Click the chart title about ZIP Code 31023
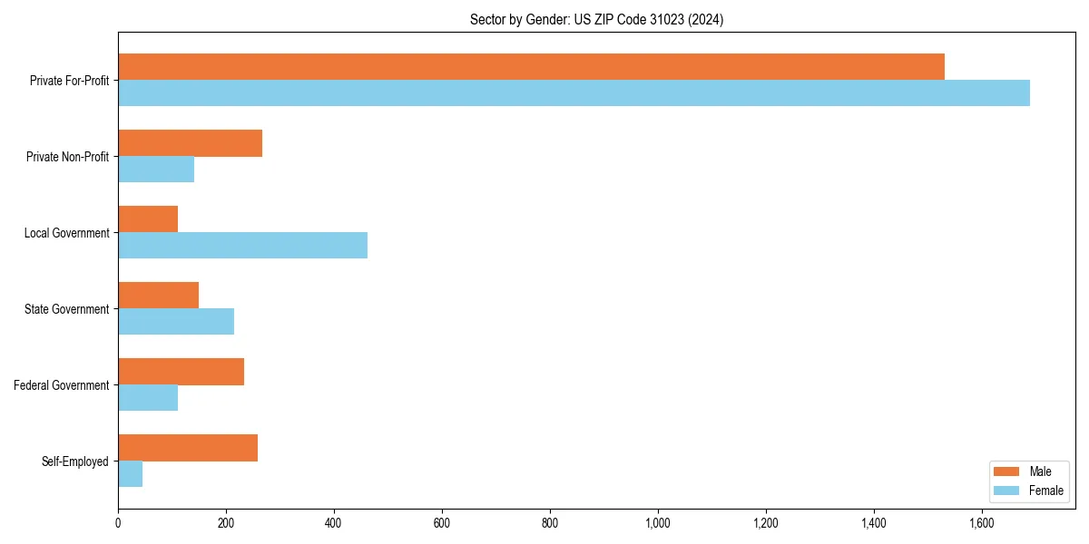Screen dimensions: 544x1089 point(596,19)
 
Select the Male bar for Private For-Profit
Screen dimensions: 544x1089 point(531,67)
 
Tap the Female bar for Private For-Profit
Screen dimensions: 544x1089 point(574,93)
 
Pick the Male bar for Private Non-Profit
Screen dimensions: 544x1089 point(190,143)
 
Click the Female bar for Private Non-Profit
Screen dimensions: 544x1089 point(156,170)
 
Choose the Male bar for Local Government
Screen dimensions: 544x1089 point(148,219)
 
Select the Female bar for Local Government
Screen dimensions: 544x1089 point(242,246)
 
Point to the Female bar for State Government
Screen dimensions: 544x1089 point(176,322)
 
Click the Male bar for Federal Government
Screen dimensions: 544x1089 point(181,372)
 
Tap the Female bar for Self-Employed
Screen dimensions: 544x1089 point(130,474)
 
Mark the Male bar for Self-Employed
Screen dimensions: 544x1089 point(188,448)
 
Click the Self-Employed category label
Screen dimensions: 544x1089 point(75,461)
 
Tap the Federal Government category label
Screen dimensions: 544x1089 point(62,385)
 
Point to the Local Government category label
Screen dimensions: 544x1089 point(66,233)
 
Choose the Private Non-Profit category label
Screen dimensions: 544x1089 point(67,157)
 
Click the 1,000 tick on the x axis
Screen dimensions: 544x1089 point(658,523)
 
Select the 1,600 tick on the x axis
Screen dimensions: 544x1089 point(982,523)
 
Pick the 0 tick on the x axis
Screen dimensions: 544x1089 point(118,523)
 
